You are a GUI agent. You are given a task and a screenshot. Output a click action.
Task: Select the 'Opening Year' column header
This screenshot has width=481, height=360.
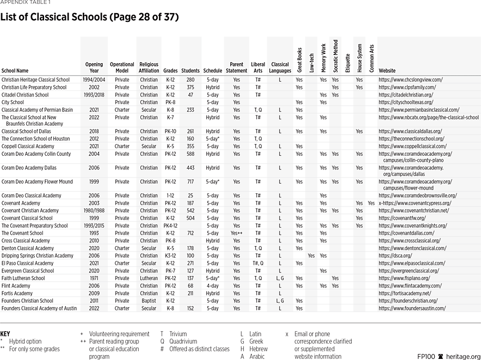[x=94, y=68]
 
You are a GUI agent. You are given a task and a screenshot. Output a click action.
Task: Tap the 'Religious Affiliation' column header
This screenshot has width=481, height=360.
[x=149, y=68]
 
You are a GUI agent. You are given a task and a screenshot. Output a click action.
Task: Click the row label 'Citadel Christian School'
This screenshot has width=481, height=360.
[x=25, y=95]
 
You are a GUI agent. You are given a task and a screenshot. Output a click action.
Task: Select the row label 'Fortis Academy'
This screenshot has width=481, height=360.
[x=17, y=293]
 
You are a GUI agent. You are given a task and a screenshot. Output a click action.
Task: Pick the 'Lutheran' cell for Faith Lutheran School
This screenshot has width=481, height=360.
[x=149, y=278]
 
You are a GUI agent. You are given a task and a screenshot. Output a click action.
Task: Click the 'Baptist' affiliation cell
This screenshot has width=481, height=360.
[x=149, y=301]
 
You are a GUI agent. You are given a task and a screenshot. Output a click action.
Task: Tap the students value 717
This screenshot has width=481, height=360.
[x=190, y=182]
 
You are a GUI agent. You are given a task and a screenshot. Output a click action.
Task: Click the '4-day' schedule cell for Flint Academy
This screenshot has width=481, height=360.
[x=212, y=285]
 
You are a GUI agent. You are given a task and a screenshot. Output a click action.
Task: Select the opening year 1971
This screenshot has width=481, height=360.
[x=94, y=278]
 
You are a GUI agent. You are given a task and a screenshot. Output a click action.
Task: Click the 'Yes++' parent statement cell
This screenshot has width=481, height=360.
[x=237, y=233]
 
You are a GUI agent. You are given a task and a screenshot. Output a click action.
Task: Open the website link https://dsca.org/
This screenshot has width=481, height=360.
[x=395, y=255]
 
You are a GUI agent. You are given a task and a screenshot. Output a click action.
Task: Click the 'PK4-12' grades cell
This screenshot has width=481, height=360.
[x=171, y=225]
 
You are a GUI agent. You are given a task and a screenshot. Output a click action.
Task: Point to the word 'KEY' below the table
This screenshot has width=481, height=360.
[x=5, y=334]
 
